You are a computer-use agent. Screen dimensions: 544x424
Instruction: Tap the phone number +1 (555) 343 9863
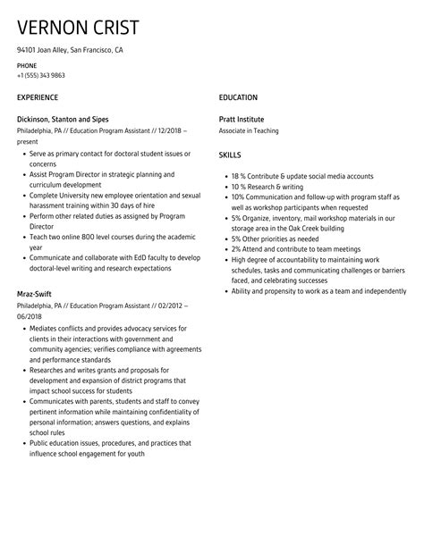(x=39, y=75)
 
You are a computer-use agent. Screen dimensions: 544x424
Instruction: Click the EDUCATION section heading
(x=238, y=96)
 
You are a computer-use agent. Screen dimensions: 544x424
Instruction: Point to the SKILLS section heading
(x=230, y=155)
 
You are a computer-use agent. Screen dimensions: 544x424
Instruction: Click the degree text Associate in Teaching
(x=250, y=130)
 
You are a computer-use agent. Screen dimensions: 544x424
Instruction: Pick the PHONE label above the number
(x=26, y=66)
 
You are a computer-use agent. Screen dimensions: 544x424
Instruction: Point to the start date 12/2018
(x=169, y=130)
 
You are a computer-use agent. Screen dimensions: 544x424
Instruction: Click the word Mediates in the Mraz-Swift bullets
(x=44, y=328)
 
